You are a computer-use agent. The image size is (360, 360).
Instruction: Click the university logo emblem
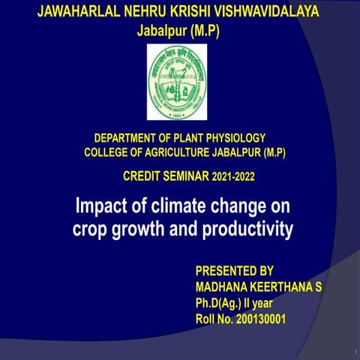coord(176,82)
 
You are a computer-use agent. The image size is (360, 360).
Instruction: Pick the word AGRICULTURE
coord(187,154)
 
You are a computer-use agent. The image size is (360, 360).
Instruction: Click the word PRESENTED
coord(224,271)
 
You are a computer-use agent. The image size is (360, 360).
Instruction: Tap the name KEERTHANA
coord(283,287)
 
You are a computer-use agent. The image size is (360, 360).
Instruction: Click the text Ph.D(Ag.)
coord(220,304)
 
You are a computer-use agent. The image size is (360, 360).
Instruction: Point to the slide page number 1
coord(351,350)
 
